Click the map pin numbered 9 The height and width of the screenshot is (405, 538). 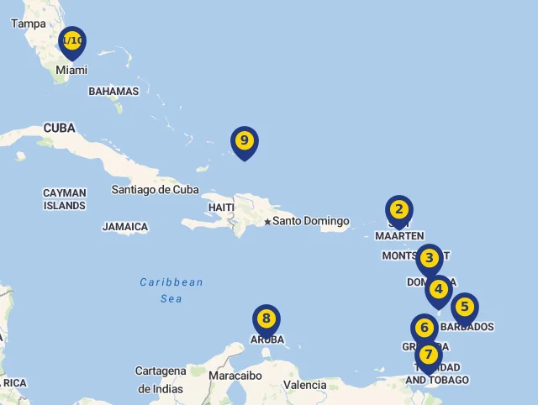pyautogui.click(x=244, y=141)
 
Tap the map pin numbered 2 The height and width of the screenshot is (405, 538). pyautogui.click(x=399, y=210)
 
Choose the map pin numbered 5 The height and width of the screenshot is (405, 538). pyautogui.click(x=464, y=308)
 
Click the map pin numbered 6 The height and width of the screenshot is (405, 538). pyautogui.click(x=425, y=328)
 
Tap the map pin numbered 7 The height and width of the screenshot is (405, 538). pyautogui.click(x=428, y=355)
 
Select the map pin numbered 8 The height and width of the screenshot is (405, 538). pyautogui.click(x=266, y=319)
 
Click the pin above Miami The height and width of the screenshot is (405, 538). pyautogui.click(x=72, y=41)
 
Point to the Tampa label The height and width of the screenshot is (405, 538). pyautogui.click(x=29, y=24)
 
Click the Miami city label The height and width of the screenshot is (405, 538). pyautogui.click(x=71, y=71)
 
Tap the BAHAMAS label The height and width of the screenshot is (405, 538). pyautogui.click(x=113, y=92)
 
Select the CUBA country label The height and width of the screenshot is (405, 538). pyautogui.click(x=59, y=129)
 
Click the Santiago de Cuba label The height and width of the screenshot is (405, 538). pyautogui.click(x=155, y=190)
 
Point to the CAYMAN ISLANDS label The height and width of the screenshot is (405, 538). pyautogui.click(x=65, y=199)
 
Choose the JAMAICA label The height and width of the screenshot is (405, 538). pyautogui.click(x=125, y=227)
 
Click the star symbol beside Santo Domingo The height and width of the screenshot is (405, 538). pyautogui.click(x=267, y=222)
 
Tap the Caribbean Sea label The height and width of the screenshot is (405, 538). pyautogui.click(x=171, y=290)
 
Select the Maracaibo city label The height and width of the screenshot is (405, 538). pyautogui.click(x=235, y=376)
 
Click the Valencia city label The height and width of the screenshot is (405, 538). pyautogui.click(x=305, y=385)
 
